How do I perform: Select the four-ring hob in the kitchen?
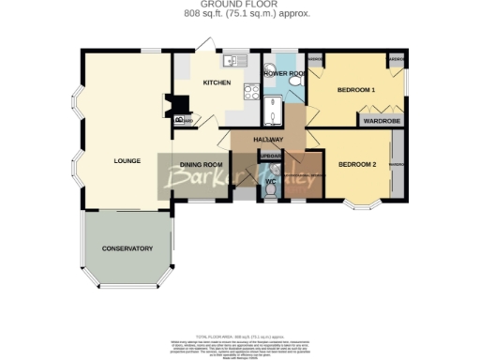click(250, 91)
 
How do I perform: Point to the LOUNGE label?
click(127, 160)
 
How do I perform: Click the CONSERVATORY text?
click(127, 248)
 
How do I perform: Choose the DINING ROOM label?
click(201, 165)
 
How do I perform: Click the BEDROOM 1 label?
click(356, 91)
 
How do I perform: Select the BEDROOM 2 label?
click(356, 165)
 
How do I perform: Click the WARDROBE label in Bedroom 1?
click(382, 120)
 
